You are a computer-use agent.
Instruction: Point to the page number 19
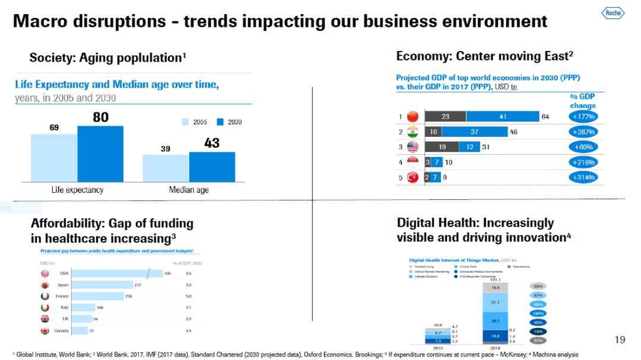coord(620,340)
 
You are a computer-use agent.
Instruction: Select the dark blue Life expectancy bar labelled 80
coord(100,154)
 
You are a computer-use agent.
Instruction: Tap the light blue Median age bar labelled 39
coord(166,168)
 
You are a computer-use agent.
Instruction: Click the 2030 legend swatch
coord(220,122)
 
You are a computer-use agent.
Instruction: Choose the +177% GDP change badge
coord(582,116)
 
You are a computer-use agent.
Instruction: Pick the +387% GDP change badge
coord(582,132)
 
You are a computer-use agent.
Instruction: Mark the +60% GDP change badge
coord(582,147)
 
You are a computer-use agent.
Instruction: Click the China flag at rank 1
coord(413,116)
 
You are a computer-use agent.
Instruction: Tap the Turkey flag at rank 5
coord(413,177)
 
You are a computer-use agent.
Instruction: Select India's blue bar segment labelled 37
coord(474,132)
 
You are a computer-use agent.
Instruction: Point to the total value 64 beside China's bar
coord(545,116)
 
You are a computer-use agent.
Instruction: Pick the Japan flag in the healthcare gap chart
coord(45,285)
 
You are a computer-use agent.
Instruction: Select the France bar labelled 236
coord(100,296)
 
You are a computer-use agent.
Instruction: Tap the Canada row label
coord(61,330)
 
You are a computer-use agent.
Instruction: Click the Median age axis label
coord(189,190)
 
